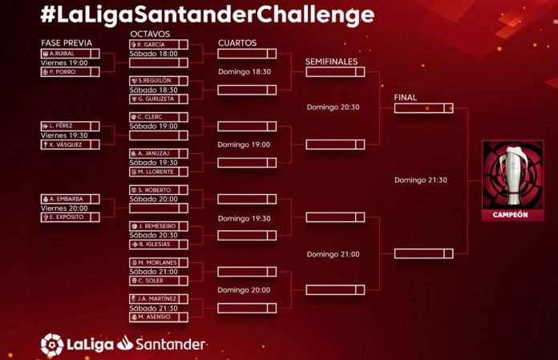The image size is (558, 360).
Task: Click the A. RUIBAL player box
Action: (70, 54)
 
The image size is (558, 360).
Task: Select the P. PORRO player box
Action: (70, 72)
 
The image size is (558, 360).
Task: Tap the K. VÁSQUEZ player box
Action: (70, 144)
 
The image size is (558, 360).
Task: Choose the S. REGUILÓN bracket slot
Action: (159, 81)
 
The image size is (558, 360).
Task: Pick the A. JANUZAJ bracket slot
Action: (159, 153)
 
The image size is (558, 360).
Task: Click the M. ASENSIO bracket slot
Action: (159, 317)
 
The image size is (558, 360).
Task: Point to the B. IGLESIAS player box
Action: (159, 245)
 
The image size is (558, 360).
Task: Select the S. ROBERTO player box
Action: (159, 190)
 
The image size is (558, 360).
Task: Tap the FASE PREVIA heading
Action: (67, 43)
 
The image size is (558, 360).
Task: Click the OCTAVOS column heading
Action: (150, 34)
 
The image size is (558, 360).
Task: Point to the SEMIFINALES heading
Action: (331, 62)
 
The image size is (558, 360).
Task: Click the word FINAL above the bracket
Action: (406, 98)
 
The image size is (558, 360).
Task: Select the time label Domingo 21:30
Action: (421, 180)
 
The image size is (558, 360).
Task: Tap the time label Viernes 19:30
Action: (64, 136)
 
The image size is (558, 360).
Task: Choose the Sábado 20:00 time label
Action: (153, 199)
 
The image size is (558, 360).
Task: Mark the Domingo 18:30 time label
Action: (245, 72)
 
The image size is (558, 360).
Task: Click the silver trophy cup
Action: (513, 175)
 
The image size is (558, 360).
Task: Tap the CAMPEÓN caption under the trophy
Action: (511, 215)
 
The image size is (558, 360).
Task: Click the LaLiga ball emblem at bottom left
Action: (52, 345)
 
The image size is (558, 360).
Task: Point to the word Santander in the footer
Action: (171, 344)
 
